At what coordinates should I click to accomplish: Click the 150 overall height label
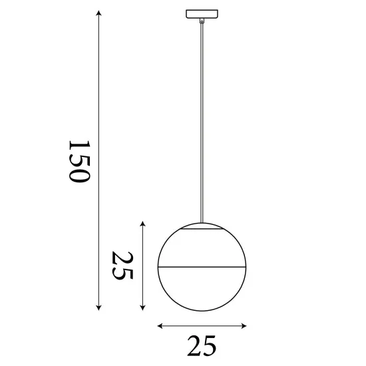(x=78, y=162)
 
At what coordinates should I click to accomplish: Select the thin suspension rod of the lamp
(x=202, y=120)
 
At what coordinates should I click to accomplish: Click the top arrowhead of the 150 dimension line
(x=99, y=14)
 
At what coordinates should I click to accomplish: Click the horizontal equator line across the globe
(x=202, y=268)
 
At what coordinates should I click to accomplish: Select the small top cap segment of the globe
(x=202, y=226)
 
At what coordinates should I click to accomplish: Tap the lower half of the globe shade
(x=202, y=289)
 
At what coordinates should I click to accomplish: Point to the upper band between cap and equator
(x=202, y=250)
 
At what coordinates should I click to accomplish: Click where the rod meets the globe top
(x=202, y=222)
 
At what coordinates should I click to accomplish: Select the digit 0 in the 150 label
(x=78, y=176)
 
